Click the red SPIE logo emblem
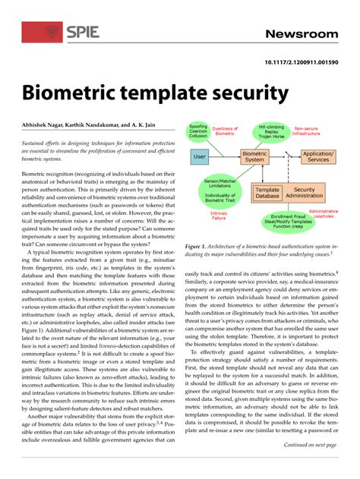point(52,32)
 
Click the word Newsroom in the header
point(302,34)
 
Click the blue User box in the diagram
point(201,157)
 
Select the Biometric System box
point(254,157)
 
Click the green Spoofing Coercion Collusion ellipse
point(197,133)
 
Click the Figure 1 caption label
point(197,247)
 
